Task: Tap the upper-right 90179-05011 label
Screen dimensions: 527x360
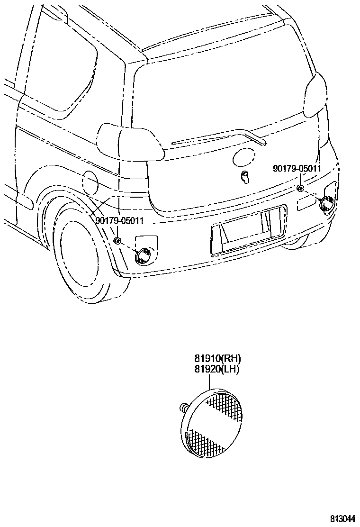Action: click(x=297, y=168)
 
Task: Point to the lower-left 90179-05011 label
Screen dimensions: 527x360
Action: click(x=119, y=221)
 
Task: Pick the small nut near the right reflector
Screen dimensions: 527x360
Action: click(x=300, y=188)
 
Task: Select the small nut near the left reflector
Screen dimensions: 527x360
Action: click(x=117, y=241)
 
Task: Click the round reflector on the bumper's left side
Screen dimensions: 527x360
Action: click(x=143, y=256)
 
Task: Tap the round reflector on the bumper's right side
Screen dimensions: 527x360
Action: click(x=326, y=204)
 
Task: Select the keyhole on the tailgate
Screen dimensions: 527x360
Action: click(x=245, y=177)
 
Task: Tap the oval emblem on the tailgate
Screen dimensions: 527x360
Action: click(x=243, y=156)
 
